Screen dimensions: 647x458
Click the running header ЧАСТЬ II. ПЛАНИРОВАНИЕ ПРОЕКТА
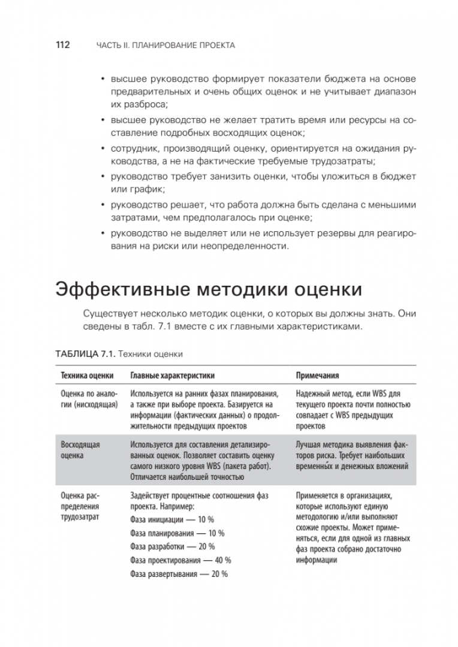pos(165,46)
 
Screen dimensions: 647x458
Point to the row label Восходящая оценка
pos(80,451)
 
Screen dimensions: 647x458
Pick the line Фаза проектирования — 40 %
pos(180,560)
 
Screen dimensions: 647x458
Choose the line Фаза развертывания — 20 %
pos(179,574)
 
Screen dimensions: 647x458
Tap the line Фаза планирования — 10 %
pos(177,533)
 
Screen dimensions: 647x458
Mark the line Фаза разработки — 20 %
pos(172,546)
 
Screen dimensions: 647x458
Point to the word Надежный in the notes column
pos(314,394)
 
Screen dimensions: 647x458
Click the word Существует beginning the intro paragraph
pos(108,314)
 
